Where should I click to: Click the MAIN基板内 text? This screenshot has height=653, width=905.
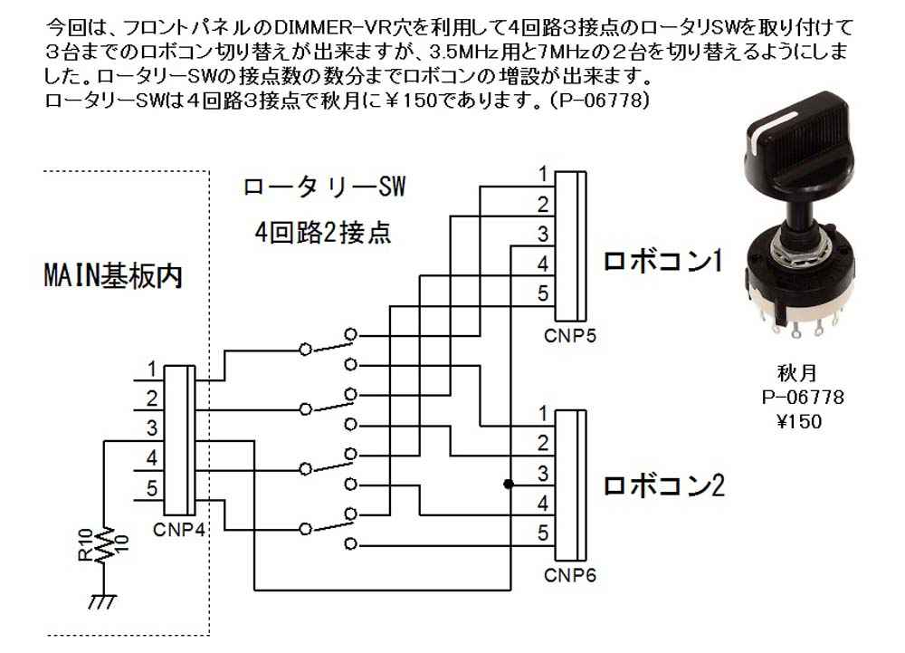click(x=113, y=274)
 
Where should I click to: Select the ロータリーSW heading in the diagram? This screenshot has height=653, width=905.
click(x=324, y=188)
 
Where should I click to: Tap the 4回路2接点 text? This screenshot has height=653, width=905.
click(x=323, y=232)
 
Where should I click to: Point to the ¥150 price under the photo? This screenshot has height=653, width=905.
click(x=797, y=421)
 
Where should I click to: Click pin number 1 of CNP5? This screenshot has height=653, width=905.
click(x=542, y=173)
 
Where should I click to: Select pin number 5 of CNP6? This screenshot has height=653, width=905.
click(x=542, y=533)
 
